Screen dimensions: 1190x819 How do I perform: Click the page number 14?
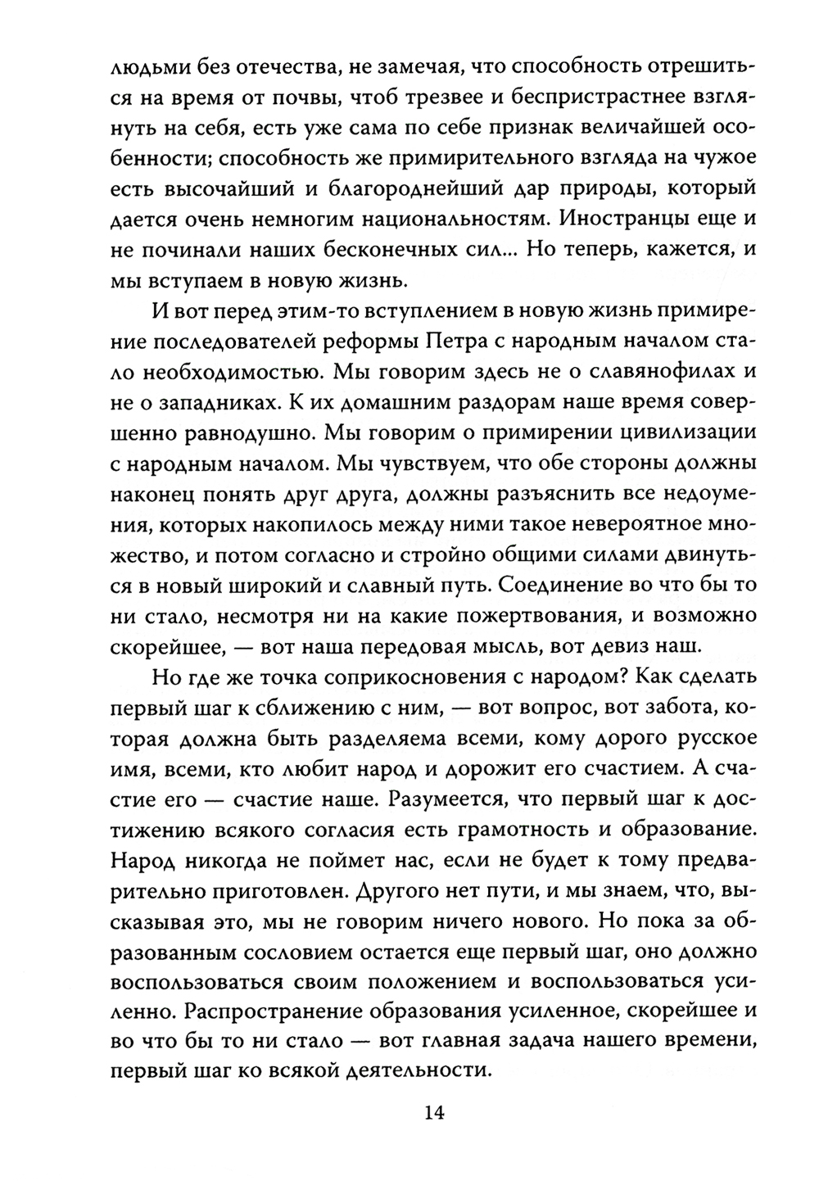click(433, 1112)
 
